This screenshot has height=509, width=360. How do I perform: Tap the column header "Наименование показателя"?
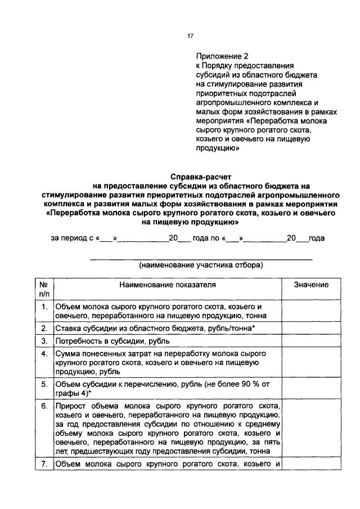pos(167,285)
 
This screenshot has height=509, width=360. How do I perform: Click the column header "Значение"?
pos(311,285)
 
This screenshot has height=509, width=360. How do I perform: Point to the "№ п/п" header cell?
pos(43,289)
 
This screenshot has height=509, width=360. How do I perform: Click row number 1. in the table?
pos(43,307)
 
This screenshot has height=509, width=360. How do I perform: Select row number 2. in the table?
pos(43,328)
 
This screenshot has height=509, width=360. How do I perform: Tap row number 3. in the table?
pos(43,341)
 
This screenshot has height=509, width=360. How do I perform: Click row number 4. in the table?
pos(43,354)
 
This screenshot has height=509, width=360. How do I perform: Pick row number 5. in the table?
pos(43,384)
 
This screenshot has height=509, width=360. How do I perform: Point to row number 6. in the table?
pos(43,406)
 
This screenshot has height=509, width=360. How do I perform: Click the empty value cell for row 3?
pos(311,341)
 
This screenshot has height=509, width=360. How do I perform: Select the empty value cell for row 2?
pos(311,328)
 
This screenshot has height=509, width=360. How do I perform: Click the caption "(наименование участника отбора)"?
pos(201,264)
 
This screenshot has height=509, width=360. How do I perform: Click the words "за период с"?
pos(72,238)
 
